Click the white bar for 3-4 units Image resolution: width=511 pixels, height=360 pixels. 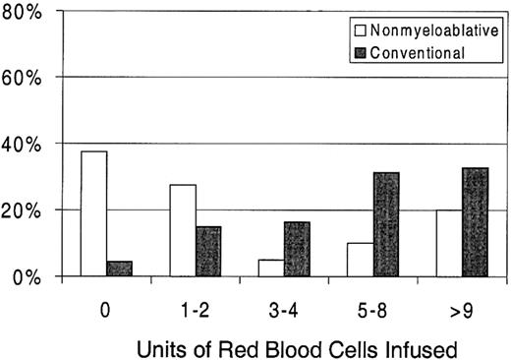(x=270, y=268)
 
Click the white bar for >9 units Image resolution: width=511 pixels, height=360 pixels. (x=449, y=243)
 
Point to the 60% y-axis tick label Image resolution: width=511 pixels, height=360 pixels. (x=28, y=77)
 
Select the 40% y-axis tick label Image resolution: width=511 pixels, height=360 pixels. (x=28, y=144)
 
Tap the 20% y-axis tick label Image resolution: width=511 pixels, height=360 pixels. (x=28, y=210)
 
